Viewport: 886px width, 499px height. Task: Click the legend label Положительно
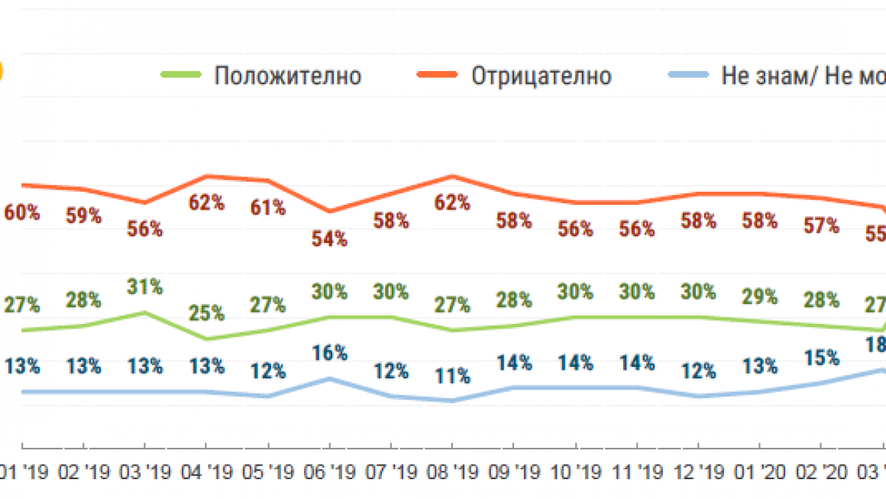coord(287,76)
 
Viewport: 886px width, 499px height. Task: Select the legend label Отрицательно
coord(542,76)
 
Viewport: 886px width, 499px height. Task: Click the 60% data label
coord(22,213)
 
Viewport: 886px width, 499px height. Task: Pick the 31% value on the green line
coord(145,287)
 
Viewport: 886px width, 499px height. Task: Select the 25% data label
coord(207,313)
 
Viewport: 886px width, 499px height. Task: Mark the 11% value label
coord(451,375)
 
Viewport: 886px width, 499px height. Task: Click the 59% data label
coord(84,215)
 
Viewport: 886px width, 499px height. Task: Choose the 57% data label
coord(822,225)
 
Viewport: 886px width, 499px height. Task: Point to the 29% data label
coord(760,296)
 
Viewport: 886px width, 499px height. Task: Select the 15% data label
coord(822,357)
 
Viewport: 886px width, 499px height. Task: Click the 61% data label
coord(268,207)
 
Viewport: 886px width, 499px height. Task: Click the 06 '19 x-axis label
coord(329,471)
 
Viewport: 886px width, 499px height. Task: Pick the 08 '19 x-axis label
coord(451,471)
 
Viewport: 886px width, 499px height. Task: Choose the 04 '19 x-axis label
coord(207,471)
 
